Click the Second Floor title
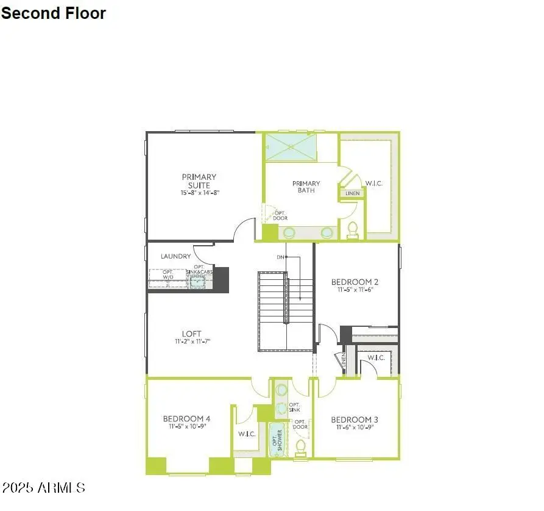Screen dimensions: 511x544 coord(54,13)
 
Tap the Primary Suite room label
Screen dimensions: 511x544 coord(199,181)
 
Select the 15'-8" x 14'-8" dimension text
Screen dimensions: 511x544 coord(199,193)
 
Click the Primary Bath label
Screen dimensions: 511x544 coord(306,187)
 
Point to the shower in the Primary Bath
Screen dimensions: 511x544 coord(291,147)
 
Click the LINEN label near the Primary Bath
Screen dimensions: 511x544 coord(353,193)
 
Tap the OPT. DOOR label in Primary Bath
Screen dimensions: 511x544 coord(280,215)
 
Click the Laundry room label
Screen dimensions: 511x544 coord(175,257)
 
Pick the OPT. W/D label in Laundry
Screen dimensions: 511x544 coord(168,274)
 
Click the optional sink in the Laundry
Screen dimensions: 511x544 coord(197,281)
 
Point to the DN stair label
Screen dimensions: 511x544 coord(280,257)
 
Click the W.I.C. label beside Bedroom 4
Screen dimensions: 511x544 coord(247,434)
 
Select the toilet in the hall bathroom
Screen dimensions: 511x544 coord(300,447)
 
